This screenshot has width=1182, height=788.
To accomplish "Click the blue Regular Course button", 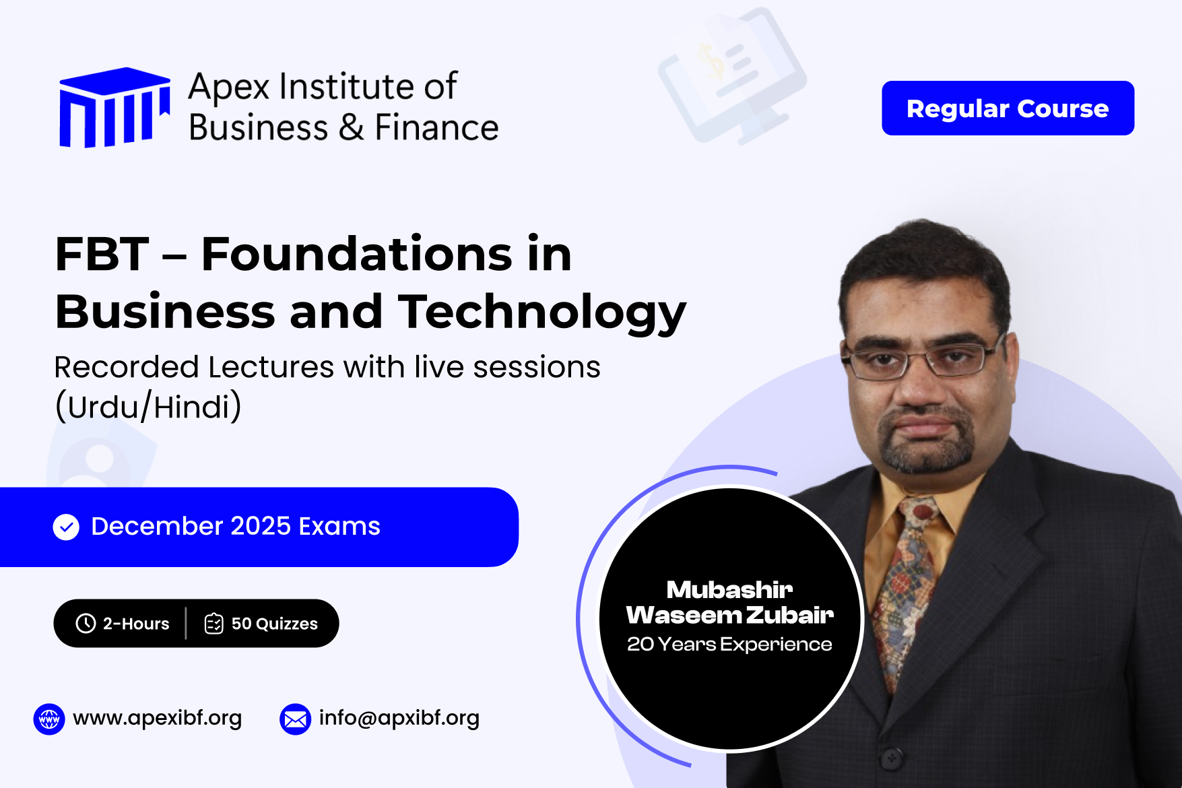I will (x=1008, y=108).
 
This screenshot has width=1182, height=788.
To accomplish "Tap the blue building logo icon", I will (x=114, y=107).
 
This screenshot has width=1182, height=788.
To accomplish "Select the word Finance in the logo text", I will (x=436, y=127).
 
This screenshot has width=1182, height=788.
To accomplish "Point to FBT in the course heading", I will (x=102, y=255).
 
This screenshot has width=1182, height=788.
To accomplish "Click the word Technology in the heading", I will (x=542, y=312).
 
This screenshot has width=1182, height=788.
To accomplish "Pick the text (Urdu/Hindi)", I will (x=147, y=407).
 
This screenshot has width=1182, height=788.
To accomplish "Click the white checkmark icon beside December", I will (x=66, y=527).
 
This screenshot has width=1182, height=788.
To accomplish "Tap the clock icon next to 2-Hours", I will (x=86, y=623).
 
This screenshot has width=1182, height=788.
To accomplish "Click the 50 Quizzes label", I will (x=274, y=624).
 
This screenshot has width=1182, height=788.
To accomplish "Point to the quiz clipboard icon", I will (x=214, y=623).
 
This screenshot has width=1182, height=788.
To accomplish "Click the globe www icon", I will (x=49, y=719).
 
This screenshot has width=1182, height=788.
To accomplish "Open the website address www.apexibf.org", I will (x=157, y=718).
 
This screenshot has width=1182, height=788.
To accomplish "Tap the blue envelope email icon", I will (x=295, y=719).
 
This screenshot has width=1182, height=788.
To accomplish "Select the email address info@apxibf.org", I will (x=399, y=718).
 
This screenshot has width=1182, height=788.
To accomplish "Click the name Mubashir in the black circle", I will (x=729, y=590).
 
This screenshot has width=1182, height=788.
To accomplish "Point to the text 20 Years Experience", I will (x=729, y=645).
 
